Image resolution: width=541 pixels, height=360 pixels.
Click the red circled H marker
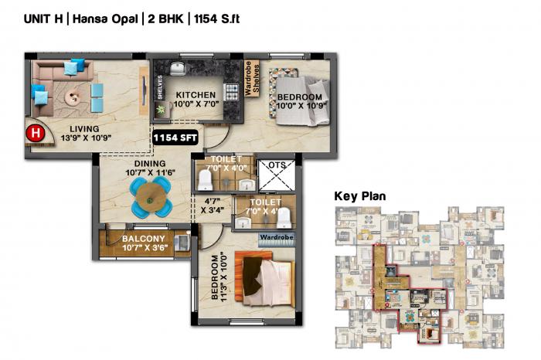35,133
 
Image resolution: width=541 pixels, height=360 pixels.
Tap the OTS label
276,165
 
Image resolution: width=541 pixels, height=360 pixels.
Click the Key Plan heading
359,196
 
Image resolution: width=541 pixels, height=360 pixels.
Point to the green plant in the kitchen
162,110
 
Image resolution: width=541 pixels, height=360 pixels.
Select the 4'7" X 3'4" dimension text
213,204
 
